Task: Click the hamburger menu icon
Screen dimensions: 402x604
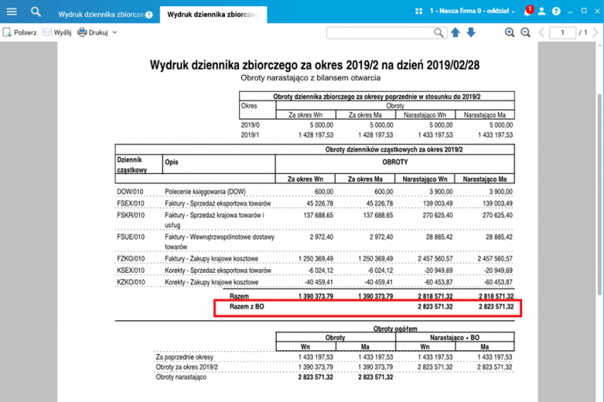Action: click(11, 12)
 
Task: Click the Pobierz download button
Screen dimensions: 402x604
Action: click(20, 32)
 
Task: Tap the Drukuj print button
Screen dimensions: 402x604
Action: click(93, 32)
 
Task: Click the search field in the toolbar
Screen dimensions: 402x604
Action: click(381, 32)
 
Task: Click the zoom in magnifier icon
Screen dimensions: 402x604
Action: click(510, 32)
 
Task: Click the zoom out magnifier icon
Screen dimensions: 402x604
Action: click(524, 32)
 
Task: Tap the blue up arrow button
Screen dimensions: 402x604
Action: click(455, 32)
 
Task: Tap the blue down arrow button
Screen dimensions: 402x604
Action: click(471, 32)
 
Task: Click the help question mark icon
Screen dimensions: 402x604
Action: click(556, 12)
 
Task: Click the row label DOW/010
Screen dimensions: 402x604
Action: click(131, 191)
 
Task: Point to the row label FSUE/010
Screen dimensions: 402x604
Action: click(131, 236)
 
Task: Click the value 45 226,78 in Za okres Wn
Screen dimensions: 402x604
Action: click(315, 203)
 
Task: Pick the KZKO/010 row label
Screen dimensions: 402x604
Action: click(131, 281)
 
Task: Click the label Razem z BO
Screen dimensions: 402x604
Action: click(246, 306)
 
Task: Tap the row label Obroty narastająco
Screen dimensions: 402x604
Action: click(181, 378)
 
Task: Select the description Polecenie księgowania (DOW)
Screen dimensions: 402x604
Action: click(205, 191)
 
